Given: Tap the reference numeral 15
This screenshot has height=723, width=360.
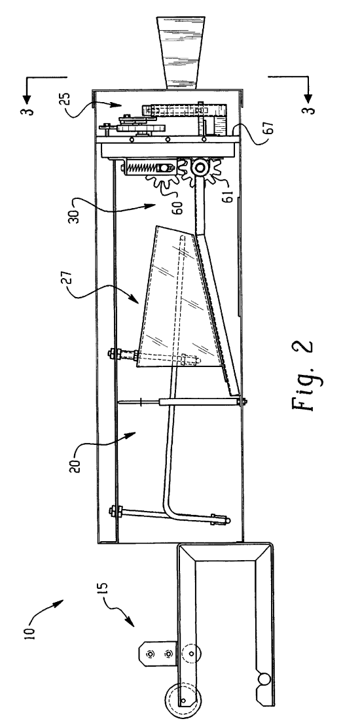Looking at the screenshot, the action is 104,590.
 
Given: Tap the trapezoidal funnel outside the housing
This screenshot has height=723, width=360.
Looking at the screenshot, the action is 181,52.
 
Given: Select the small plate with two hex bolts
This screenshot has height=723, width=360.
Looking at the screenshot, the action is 158,654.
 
